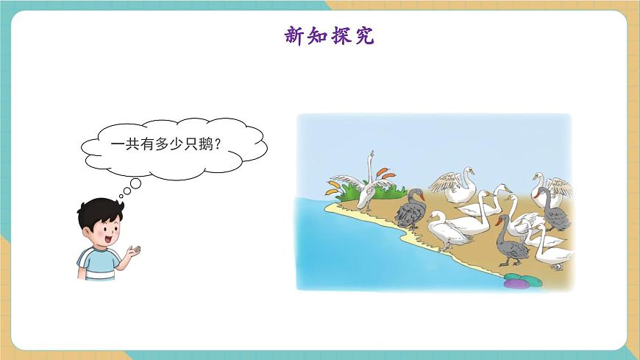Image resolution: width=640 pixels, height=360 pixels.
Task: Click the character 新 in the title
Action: point(295,35)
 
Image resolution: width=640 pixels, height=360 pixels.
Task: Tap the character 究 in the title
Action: point(363,35)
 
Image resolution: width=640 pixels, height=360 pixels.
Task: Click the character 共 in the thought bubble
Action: point(130,145)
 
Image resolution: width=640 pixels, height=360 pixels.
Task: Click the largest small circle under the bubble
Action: point(134,183)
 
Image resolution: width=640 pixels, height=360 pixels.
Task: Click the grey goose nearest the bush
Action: point(410,211)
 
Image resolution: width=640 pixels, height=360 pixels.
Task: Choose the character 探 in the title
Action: point(341,35)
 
